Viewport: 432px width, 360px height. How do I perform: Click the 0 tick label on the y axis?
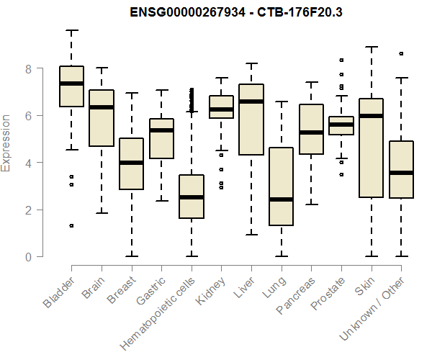28,257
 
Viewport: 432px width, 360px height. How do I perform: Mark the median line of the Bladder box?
71,84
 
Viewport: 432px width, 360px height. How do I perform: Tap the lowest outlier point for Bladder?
71,225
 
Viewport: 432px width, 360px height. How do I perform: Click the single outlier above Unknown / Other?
401,53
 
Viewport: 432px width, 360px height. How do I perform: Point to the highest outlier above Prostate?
341,60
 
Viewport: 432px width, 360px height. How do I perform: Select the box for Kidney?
221,107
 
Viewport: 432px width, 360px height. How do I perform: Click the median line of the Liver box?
251,102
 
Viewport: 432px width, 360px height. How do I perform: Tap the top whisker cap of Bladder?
71,30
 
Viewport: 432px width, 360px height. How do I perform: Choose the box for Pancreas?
311,129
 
